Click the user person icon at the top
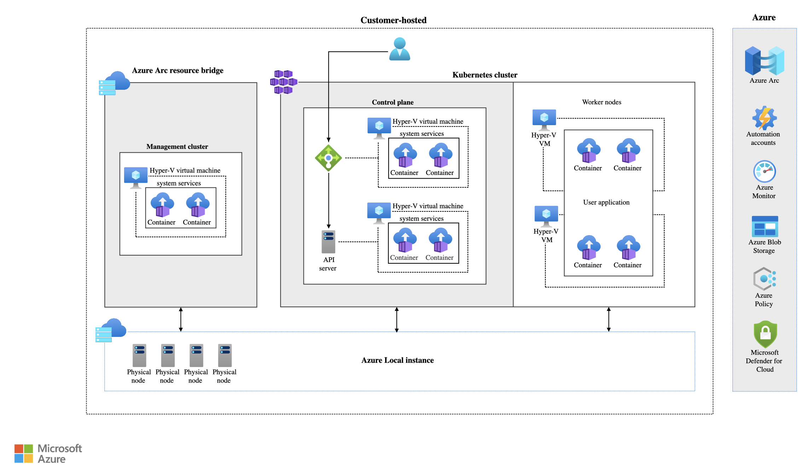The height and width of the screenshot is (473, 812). pos(400,49)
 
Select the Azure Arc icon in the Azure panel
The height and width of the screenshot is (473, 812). pos(764,60)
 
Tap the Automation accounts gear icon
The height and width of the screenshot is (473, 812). pos(764,118)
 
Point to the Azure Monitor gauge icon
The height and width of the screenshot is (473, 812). pos(764,171)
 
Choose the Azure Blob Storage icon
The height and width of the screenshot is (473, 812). pos(765,226)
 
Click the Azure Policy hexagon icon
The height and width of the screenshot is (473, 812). pos(764,279)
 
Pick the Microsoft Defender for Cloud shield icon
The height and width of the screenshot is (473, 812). pos(765,334)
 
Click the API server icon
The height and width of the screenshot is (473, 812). pos(328,242)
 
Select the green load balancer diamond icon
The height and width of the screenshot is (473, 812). pos(329,158)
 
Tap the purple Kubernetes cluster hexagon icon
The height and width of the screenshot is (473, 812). pos(284,82)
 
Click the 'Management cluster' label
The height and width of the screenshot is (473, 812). pos(177,147)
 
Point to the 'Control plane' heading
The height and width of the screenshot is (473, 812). pos(393,103)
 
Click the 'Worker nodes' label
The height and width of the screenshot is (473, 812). pos(602,102)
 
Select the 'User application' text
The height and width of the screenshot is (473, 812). pos(606,203)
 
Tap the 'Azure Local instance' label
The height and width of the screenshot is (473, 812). pos(398,360)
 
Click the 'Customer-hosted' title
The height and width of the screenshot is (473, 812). pos(393,20)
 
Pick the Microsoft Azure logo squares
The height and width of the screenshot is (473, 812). pos(24,453)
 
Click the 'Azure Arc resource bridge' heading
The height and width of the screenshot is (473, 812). pos(178,70)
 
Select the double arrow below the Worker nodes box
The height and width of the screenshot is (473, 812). pos(609,319)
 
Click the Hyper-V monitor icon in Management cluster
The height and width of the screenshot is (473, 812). pos(136,177)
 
